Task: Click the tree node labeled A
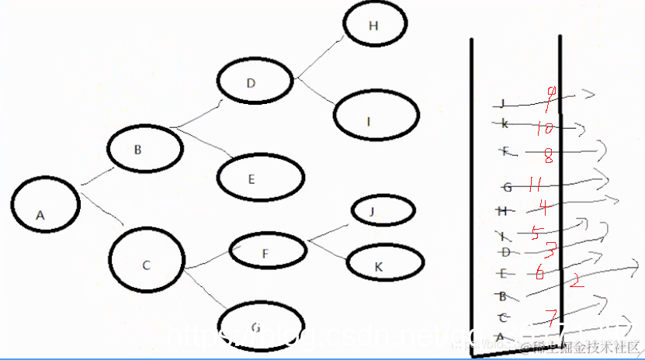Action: coord(46,206)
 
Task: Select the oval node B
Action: coord(144,151)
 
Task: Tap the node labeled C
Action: coord(147,264)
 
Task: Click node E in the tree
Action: coord(258,178)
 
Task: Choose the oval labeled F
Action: coord(267,251)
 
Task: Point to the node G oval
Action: coord(258,326)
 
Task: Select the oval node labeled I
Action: coord(377,119)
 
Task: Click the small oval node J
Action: coord(382,210)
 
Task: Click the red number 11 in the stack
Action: coord(532,185)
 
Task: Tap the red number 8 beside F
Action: coord(548,157)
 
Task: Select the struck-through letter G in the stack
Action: coord(507,187)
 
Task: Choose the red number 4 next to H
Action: coord(544,207)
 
